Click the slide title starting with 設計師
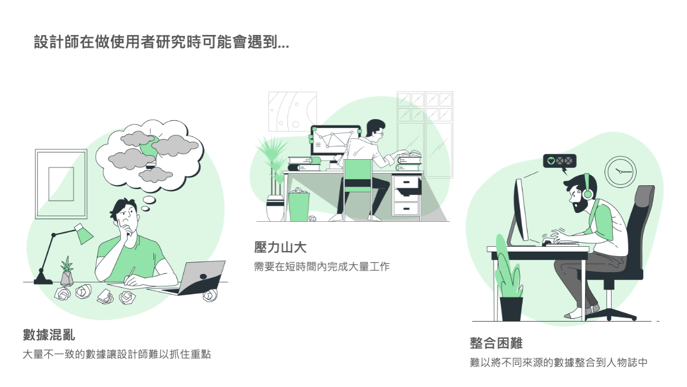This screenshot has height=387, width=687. coord(161,43)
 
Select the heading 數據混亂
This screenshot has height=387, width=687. coord(49,335)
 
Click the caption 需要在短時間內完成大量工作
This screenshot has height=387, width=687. coord(322,267)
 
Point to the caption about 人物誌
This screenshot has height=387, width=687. coord(558,363)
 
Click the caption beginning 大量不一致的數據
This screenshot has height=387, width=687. coord(117,354)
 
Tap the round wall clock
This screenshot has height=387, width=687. coord(620,171)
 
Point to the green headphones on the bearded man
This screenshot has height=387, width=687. coord(586,189)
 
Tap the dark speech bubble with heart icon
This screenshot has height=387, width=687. coord(560,161)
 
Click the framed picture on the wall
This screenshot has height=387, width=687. coord(61,184)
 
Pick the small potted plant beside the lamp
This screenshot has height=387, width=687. coord(67,272)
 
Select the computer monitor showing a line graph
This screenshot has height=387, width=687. coord(335,142)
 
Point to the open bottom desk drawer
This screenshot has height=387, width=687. coord(407,192)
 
